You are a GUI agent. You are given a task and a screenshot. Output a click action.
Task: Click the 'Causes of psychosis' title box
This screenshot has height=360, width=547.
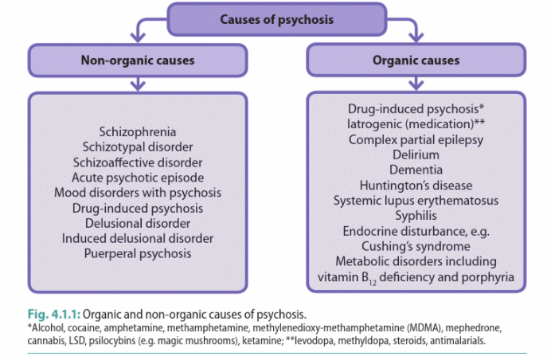(x=276, y=18)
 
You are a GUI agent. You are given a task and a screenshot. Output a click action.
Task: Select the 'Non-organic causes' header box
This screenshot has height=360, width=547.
(x=137, y=61)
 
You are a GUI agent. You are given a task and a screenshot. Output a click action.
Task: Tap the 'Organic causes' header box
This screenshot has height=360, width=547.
(x=415, y=61)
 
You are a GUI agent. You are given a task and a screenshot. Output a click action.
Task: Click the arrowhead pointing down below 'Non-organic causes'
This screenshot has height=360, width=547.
(x=138, y=84)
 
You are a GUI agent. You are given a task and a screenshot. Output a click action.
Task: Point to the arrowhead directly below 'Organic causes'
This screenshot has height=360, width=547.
(x=416, y=84)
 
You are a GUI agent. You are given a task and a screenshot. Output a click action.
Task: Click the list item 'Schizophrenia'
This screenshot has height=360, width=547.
(x=138, y=131)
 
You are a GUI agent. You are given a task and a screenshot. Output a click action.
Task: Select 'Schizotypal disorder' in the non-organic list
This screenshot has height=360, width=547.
(x=138, y=147)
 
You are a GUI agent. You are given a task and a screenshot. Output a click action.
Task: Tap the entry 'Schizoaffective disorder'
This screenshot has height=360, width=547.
(x=138, y=162)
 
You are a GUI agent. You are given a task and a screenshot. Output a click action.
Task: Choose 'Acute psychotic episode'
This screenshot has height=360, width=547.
(x=138, y=177)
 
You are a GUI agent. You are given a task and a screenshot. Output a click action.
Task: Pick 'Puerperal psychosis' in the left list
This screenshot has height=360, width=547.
(x=138, y=253)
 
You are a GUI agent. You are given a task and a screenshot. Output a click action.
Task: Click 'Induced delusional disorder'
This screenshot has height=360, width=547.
(x=138, y=238)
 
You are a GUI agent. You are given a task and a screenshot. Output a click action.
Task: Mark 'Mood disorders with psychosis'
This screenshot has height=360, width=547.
(x=138, y=193)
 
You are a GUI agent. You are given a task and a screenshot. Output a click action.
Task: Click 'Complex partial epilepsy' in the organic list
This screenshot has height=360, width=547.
(x=416, y=139)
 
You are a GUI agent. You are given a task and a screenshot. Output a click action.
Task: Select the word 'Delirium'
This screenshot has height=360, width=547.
(x=416, y=155)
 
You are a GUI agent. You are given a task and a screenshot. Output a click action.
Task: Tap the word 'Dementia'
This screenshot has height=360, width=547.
(x=416, y=170)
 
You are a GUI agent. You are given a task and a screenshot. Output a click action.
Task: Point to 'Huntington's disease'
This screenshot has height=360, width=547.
(x=416, y=185)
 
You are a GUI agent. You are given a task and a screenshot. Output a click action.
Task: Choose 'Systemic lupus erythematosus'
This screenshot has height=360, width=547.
(x=416, y=200)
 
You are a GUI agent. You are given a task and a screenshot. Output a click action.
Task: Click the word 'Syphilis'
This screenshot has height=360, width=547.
(x=416, y=215)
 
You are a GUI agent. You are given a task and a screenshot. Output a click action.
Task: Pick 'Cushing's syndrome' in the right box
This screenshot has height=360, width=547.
(x=416, y=246)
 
